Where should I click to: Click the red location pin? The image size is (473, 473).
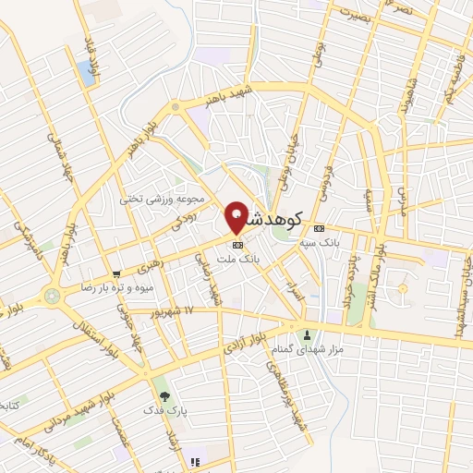(x=236, y=218)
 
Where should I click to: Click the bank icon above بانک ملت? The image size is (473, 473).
(x=237, y=245)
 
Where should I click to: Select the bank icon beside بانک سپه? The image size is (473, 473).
(x=319, y=228)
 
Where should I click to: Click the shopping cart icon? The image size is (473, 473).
(x=116, y=274)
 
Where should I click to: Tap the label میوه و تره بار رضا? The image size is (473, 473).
(x=117, y=288)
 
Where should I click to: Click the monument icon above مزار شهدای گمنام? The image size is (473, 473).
(x=307, y=334)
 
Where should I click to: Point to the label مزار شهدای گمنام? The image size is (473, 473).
(x=305, y=348)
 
